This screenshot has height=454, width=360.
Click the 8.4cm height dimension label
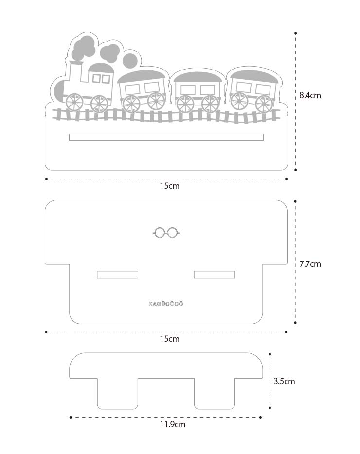click(310, 95)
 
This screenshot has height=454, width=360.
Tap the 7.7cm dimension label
click(310, 264)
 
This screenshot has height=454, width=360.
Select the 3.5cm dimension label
click(284, 381)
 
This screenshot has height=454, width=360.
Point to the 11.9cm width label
click(173, 424)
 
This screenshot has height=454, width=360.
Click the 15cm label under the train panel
click(170, 186)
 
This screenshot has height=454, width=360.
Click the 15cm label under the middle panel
click(170, 339)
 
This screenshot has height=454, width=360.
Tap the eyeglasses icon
click(166, 232)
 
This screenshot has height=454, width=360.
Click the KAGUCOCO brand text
click(166, 304)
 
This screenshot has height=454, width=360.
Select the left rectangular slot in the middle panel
click(117, 274)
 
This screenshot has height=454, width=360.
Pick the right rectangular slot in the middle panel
click(215, 274)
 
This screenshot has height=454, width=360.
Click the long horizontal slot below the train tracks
click(166, 137)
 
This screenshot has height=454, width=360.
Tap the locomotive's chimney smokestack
click(76, 71)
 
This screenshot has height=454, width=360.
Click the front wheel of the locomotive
click(74, 103)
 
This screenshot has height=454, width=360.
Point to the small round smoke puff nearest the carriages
click(130, 61)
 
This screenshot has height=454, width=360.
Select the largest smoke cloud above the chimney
click(84, 47)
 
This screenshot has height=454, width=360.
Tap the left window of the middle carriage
click(188, 89)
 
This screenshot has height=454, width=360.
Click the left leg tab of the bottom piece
click(118, 394)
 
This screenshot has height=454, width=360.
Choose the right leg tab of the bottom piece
click(215, 394)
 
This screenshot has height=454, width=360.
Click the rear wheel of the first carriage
click(156, 101)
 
